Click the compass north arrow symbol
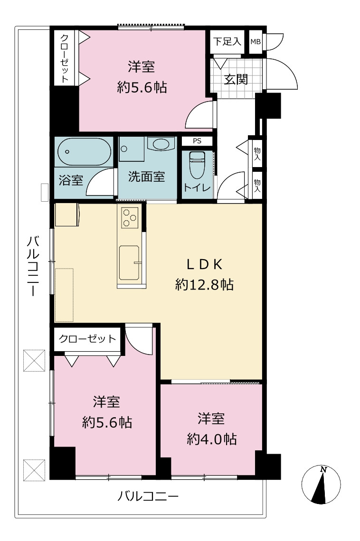click(321, 484)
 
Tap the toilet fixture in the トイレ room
click(197, 165)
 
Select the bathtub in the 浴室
click(84, 151)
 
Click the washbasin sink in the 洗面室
click(161, 143)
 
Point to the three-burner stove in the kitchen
click(130, 218)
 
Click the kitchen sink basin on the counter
click(129, 263)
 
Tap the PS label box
click(197, 141)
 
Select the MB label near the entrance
click(256, 42)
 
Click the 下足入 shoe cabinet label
click(227, 42)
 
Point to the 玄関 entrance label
click(236, 79)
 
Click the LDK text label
click(204, 264)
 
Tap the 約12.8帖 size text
click(204, 285)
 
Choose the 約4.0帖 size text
click(211, 439)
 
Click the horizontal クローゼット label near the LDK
click(87, 338)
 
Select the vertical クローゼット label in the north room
click(65, 58)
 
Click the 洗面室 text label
click(146, 177)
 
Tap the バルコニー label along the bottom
click(148, 496)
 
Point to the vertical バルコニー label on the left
click(33, 266)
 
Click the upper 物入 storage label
click(257, 154)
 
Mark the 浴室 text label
click(71, 180)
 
